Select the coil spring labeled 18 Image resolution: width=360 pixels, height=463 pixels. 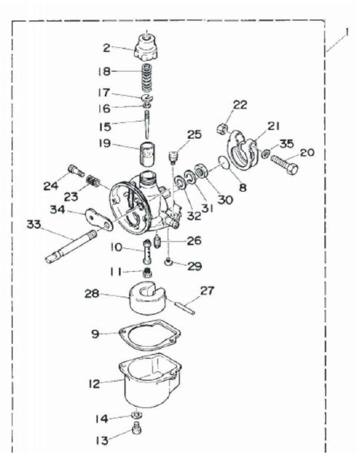coord(147,78)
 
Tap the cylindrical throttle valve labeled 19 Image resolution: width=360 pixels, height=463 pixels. coord(147,154)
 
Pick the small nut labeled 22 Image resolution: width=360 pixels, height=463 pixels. coord(223,128)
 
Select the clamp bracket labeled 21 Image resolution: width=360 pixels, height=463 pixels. coord(242,150)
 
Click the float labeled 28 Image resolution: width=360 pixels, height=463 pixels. coord(148,300)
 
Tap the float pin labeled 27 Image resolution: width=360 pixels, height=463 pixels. coord(185,308)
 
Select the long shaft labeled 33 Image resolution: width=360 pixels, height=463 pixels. coord(71,246)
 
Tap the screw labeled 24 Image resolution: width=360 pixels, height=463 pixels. coord(76,171)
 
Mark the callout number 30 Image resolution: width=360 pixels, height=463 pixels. coord(225,200)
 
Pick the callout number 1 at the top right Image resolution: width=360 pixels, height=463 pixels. coord(347,32)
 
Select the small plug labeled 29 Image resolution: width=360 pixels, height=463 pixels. coord(169,262)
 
